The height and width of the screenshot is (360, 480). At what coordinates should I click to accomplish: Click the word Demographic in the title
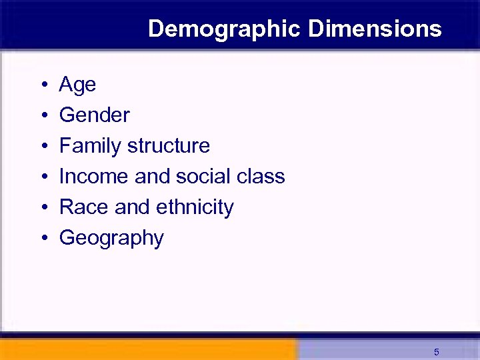click(x=225, y=29)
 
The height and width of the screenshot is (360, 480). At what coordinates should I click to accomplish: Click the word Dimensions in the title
click(x=375, y=29)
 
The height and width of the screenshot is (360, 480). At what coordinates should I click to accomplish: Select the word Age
click(x=77, y=85)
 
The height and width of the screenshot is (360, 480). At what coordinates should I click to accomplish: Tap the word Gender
click(x=94, y=115)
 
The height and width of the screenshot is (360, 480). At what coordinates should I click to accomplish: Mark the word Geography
click(x=111, y=239)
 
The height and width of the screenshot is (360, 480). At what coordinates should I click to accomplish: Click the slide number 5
click(x=436, y=352)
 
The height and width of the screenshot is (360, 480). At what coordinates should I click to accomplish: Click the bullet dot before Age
click(x=43, y=85)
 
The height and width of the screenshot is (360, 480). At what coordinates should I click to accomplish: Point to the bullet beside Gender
click(x=43, y=116)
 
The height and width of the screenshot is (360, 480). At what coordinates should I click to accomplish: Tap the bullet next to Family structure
click(x=43, y=147)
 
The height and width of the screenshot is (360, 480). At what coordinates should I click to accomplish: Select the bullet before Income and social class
click(x=43, y=177)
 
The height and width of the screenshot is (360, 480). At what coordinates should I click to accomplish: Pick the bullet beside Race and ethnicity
click(x=43, y=208)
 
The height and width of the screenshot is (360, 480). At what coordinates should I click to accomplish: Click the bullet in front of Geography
click(x=43, y=239)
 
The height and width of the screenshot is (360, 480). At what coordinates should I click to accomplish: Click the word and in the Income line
click(x=152, y=177)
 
